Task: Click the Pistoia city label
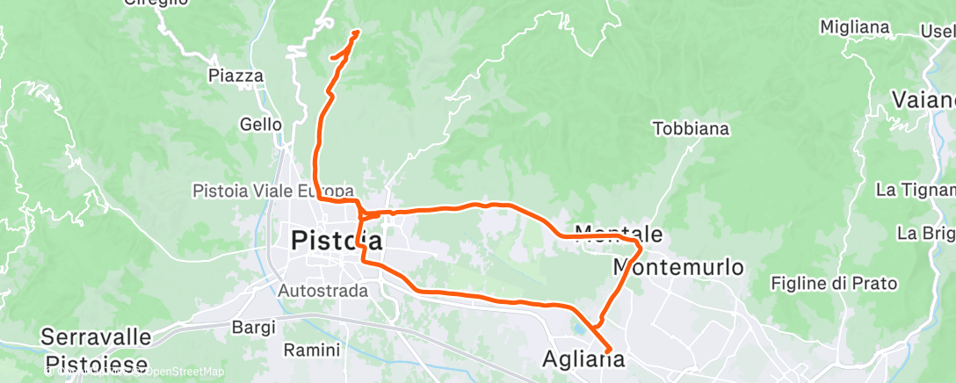click(337, 240)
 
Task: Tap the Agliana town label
click(584, 359)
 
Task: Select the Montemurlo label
click(678, 266)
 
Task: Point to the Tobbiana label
click(692, 129)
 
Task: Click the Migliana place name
click(854, 27)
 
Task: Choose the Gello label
click(261, 125)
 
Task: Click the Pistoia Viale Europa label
click(273, 191)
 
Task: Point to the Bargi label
click(254, 327)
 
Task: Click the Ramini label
click(312, 350)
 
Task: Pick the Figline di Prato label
click(833, 283)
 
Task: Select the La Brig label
click(925, 234)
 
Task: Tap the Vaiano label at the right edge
click(923, 98)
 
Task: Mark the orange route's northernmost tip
click(357, 33)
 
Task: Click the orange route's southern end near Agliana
click(608, 352)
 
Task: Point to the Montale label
click(622, 235)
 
